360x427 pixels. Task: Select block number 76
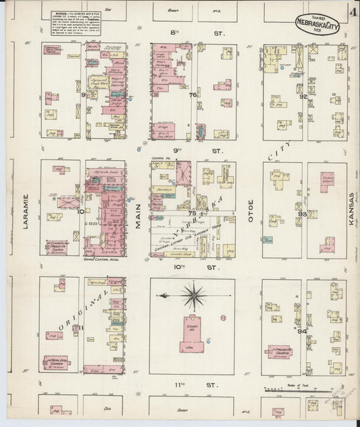192,95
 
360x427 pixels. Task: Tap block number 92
303,97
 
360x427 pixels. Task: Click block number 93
303,214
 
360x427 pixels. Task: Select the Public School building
328,181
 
